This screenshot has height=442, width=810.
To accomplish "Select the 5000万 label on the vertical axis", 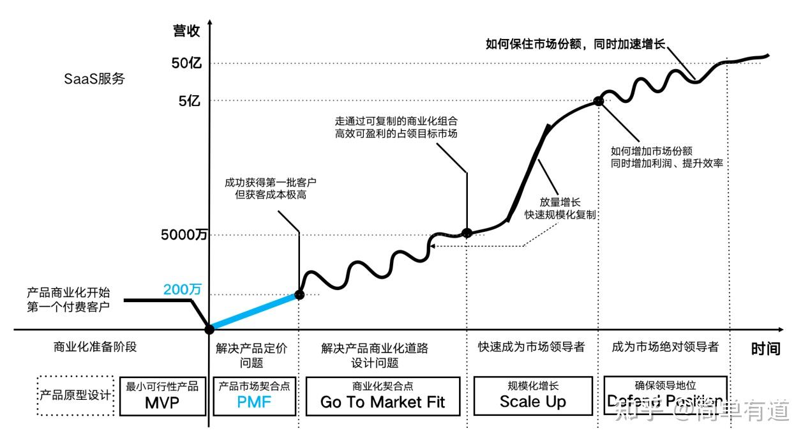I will tap(184, 235).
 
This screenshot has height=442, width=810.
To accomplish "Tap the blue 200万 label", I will tap(182, 289).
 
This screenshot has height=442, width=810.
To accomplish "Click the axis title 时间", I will tap(765, 348).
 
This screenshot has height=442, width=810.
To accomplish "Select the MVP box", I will tap(162, 396).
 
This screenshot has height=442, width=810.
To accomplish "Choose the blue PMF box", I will tap(254, 396).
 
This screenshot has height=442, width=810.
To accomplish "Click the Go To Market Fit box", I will tap(382, 396).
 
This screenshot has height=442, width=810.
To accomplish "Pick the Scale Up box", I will tap(533, 396).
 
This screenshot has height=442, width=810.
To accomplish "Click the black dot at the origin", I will tap(209, 330).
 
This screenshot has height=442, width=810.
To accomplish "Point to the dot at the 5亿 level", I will tap(598, 100).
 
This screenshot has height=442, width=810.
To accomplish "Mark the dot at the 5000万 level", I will tap(467, 233).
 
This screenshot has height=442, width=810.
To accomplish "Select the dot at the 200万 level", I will tap(299, 294).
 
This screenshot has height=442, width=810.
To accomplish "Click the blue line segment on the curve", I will tap(254, 312).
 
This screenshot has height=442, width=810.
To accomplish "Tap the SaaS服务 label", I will tap(94, 79).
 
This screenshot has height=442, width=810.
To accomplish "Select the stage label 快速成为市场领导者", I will tap(531, 347).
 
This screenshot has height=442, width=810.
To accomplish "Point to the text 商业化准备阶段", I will tap(96, 347).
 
